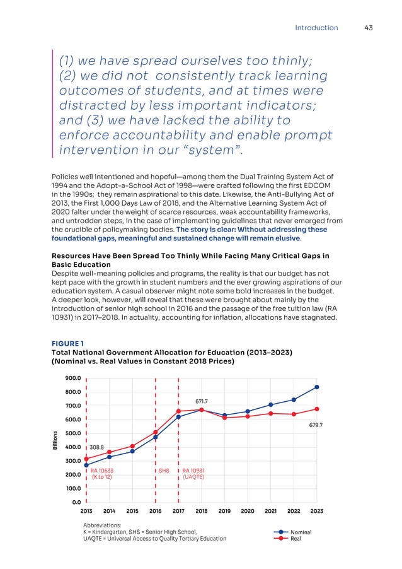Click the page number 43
369,28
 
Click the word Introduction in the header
316,28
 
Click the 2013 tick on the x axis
86,511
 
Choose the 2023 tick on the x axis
316,511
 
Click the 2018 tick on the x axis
202,511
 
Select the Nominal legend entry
301,532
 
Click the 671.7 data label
202,401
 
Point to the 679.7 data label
316,425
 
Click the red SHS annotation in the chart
164,471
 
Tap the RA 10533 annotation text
102,471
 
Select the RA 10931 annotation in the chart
193,471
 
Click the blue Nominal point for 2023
316,387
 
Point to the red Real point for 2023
316,409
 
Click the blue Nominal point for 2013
86,465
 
